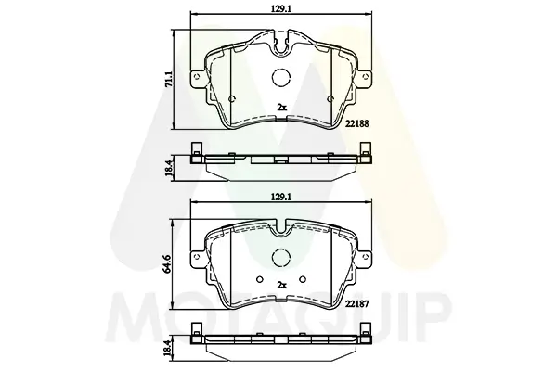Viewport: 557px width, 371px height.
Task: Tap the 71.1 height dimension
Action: [169, 79]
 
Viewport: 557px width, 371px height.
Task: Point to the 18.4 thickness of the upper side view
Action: [169, 168]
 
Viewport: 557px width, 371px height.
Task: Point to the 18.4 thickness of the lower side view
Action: [169, 349]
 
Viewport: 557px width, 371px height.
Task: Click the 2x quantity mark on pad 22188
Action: [281, 107]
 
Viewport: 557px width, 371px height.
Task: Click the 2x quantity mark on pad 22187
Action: [281, 285]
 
